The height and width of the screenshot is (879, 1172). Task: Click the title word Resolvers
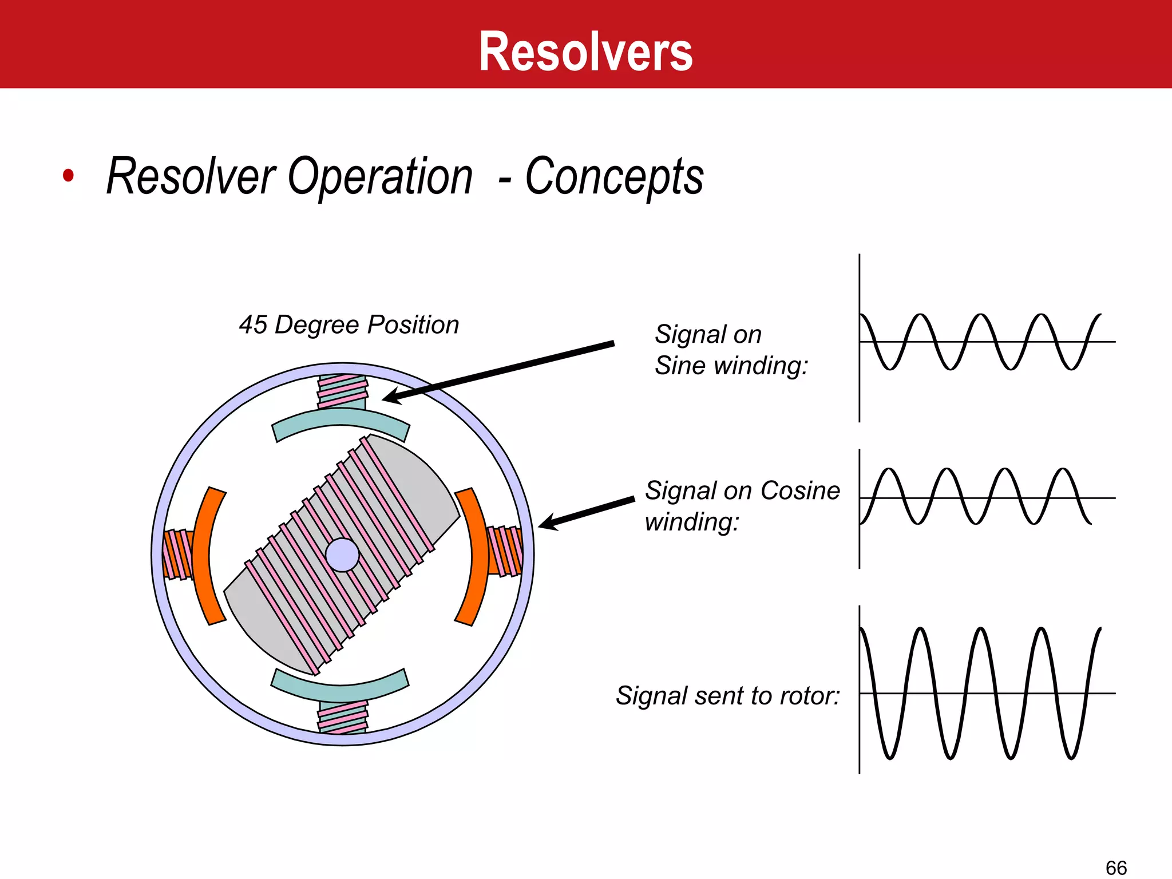tap(585, 52)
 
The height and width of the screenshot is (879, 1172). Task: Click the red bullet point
tap(68, 176)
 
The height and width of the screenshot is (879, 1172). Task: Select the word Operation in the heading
tap(380, 176)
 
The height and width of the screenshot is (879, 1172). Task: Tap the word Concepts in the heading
tap(614, 176)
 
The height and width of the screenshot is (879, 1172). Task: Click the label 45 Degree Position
tap(349, 324)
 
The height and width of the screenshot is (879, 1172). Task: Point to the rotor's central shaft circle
tap(342, 555)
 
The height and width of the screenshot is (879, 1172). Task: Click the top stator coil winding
tap(342, 390)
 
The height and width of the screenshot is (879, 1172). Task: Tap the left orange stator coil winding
tap(177, 554)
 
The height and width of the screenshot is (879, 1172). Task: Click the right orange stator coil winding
tap(505, 551)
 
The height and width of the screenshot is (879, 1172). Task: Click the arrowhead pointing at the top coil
tap(391, 397)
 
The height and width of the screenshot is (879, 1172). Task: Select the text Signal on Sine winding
tap(731, 350)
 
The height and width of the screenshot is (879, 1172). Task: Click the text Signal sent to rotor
tap(727, 696)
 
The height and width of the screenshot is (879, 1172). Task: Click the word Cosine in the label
tap(800, 490)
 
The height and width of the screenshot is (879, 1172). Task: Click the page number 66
tap(1116, 867)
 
